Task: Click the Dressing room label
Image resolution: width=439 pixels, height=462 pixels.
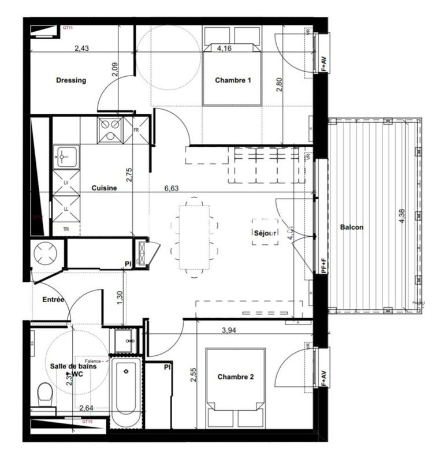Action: [x=71, y=80]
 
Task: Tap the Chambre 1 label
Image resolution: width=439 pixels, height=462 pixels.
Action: [x=233, y=80]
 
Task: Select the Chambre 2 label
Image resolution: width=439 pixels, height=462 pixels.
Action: [x=235, y=377]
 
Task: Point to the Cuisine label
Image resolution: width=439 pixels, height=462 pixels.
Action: [x=105, y=188]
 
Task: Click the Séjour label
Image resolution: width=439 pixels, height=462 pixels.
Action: [x=266, y=232]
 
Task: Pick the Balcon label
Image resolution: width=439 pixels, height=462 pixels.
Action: [x=352, y=227]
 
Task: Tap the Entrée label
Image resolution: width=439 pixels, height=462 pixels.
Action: [x=53, y=299]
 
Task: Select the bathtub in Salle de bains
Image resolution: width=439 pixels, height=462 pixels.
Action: [x=125, y=393]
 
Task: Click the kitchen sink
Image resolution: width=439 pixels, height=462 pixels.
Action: [x=64, y=156]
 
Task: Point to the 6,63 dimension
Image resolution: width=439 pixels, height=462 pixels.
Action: [x=172, y=188]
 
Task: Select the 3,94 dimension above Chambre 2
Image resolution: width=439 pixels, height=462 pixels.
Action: [x=231, y=330]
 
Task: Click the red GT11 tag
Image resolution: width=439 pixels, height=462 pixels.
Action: [x=68, y=28]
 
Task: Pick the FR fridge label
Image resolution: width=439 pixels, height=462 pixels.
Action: [x=136, y=131]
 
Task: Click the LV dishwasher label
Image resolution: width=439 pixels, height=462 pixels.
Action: [x=66, y=182]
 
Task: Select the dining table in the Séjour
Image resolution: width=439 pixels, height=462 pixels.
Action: [x=195, y=237]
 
